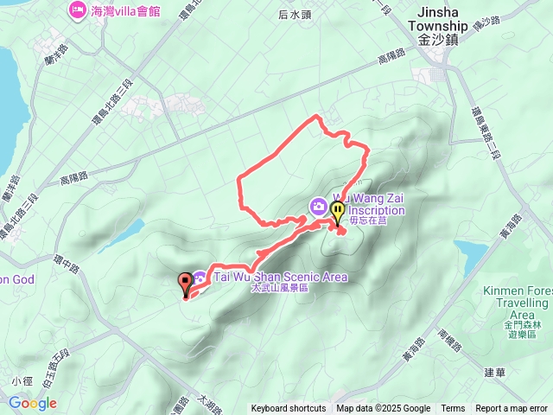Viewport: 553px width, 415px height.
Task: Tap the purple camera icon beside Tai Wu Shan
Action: point(200,278)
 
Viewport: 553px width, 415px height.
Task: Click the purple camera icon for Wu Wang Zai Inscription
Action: point(318,206)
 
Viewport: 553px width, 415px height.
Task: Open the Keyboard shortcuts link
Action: point(288,409)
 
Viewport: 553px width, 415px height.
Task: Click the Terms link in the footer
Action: point(453,409)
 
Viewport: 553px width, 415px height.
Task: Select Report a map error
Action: point(512,409)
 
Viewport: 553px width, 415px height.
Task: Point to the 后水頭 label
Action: point(295,15)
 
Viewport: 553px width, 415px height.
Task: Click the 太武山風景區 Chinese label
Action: point(279,288)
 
